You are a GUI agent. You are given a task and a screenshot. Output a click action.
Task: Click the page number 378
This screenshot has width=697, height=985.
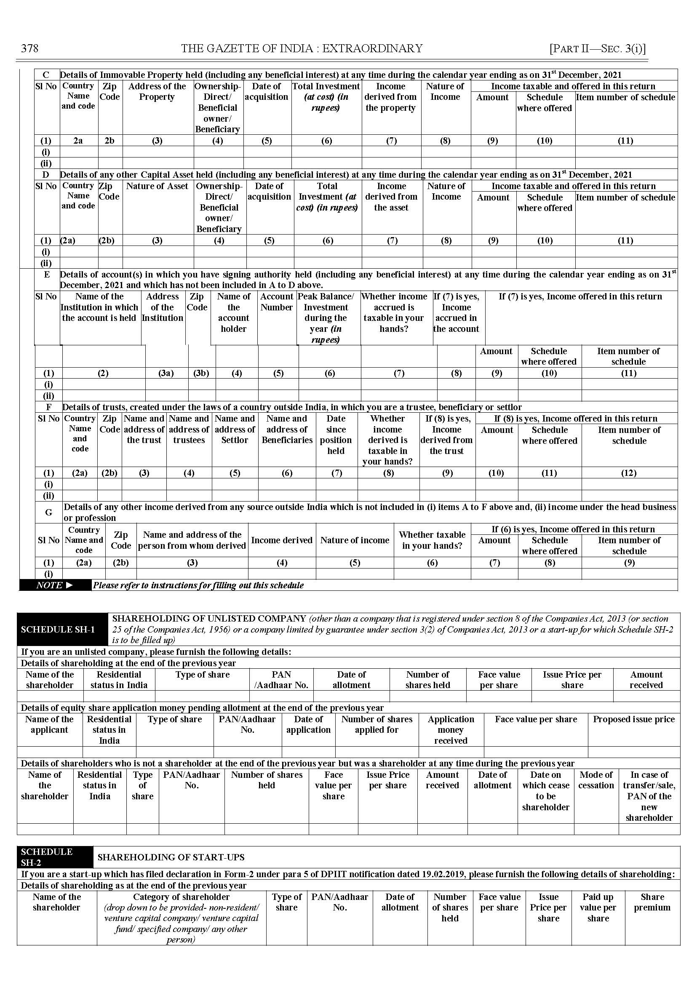(29, 48)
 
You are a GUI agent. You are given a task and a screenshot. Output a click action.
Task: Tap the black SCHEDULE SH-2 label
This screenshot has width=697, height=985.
(47, 857)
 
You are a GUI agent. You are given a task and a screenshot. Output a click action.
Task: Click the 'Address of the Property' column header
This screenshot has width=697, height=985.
(157, 91)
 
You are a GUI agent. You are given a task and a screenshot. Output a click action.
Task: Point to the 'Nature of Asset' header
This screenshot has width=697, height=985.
(157, 186)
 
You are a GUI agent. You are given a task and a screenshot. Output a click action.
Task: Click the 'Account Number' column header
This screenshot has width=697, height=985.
(276, 302)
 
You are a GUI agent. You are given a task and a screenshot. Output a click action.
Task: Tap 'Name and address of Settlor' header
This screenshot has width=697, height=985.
(234, 429)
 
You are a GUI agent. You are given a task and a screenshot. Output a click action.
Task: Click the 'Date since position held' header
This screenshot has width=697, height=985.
(336, 434)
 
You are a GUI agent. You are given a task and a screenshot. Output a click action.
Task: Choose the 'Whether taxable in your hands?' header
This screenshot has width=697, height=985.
(432, 540)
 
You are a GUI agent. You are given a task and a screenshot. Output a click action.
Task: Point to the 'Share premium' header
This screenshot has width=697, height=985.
(652, 902)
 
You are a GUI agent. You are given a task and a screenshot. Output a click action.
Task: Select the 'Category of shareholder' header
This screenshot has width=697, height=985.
(181, 897)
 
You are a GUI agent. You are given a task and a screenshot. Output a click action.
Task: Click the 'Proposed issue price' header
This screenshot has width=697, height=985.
(633, 719)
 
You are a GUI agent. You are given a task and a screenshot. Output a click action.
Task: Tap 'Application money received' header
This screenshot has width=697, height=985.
(451, 730)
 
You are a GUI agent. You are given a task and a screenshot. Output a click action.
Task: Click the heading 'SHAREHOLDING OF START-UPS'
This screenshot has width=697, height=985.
(171, 857)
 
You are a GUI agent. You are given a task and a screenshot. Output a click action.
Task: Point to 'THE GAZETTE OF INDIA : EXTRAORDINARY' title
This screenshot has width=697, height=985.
(301, 48)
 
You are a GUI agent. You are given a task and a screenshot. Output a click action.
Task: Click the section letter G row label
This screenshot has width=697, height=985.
(48, 512)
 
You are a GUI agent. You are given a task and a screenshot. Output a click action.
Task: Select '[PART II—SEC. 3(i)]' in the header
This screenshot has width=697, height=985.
(598, 48)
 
